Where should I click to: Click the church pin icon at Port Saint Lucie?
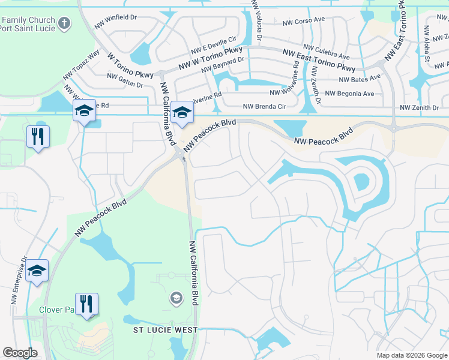coord(64,25)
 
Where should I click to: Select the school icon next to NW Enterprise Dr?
coord(37,271)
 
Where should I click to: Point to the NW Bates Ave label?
coord(360,78)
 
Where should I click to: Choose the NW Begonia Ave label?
coord(349,94)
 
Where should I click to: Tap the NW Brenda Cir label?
coord(262,107)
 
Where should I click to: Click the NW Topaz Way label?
coord(82,64)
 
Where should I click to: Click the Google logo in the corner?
coord(20,353)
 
